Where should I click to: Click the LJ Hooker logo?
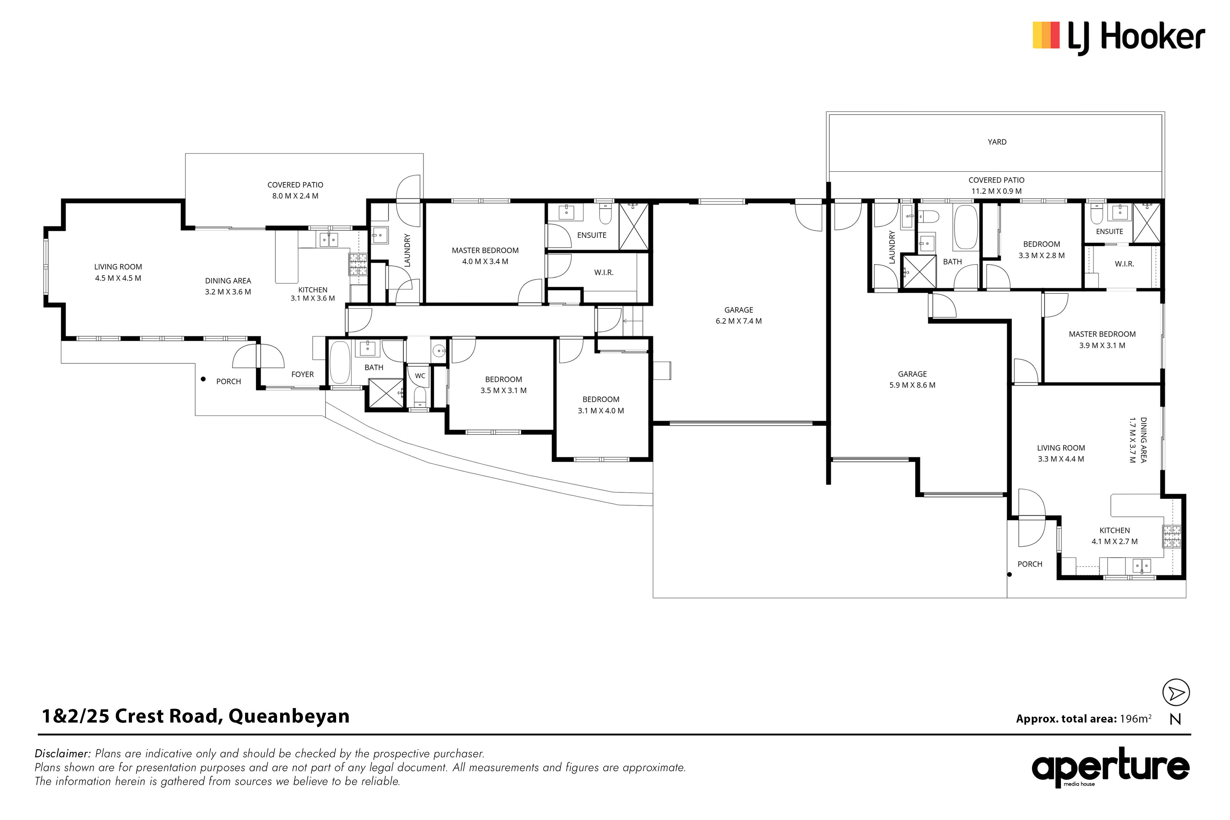(1119, 38)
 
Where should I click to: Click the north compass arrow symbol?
(1176, 693)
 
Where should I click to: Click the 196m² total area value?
(1135, 719)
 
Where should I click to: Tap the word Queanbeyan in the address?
(289, 716)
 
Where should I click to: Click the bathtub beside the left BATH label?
(340, 363)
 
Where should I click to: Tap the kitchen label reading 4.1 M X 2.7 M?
(1114, 541)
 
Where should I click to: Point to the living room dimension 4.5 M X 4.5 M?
(118, 278)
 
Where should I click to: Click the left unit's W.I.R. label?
(604, 272)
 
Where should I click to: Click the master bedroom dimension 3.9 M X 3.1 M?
(1102, 346)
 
